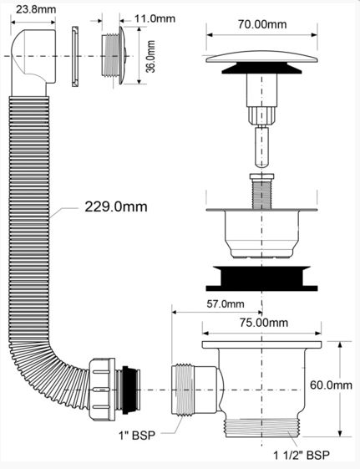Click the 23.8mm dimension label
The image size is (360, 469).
[36, 9]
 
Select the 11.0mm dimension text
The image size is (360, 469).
[155, 18]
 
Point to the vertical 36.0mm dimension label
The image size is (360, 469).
[150, 57]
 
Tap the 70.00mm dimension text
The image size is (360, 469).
[262, 24]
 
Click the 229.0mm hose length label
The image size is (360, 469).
[116, 206]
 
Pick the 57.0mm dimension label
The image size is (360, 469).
[226, 304]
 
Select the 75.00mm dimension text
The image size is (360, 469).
[264, 323]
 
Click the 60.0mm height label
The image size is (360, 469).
[331, 385]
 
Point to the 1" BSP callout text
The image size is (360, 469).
[137, 436]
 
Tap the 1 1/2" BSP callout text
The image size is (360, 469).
[302, 456]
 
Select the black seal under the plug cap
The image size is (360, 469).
[261, 69]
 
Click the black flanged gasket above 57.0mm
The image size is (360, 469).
[261, 278]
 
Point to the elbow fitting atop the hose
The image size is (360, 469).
[33, 62]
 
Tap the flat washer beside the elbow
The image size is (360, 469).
[75, 57]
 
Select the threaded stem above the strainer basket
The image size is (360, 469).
[262, 191]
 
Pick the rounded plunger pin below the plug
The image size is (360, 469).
[261, 146]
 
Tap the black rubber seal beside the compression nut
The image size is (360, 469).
[128, 390]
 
